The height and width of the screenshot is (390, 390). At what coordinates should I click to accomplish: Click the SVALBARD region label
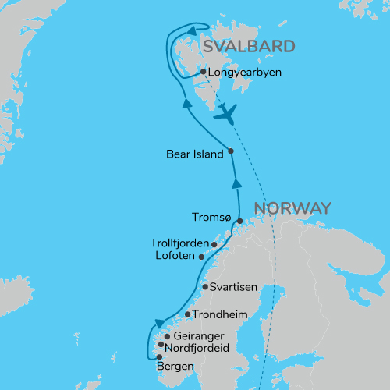(x=249, y=46)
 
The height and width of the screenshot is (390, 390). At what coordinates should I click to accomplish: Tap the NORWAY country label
(x=292, y=208)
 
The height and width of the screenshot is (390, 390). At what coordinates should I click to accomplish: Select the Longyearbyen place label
(x=244, y=73)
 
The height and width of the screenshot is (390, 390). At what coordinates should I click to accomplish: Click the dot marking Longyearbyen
(x=203, y=72)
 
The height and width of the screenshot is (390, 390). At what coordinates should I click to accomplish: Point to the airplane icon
(x=225, y=113)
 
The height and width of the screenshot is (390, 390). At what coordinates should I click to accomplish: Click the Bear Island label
(x=195, y=154)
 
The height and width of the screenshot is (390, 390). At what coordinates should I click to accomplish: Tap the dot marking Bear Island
(x=231, y=151)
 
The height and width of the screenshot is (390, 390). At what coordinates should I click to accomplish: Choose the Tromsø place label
(x=211, y=218)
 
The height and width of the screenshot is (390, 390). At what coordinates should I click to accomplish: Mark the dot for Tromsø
(x=240, y=221)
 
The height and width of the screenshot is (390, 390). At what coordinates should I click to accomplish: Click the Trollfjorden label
(x=179, y=243)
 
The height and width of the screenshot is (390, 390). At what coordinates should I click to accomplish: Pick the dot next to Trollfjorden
(x=214, y=245)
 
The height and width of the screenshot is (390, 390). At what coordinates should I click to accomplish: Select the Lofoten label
(x=175, y=255)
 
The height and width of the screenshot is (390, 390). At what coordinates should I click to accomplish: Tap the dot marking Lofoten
(x=202, y=257)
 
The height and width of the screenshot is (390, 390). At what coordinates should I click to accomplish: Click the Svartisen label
(x=235, y=287)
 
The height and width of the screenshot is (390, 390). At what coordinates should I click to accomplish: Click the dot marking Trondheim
(x=187, y=315)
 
